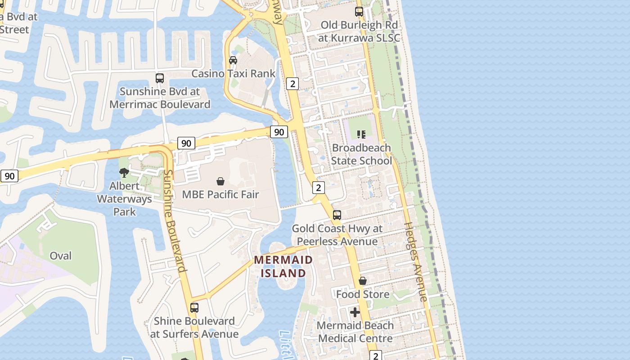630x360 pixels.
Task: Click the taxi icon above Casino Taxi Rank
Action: [233, 60]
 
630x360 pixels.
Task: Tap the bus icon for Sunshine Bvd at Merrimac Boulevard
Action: [160, 78]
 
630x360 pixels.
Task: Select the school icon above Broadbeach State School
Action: [361, 134]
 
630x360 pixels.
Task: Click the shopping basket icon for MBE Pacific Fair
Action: [220, 181]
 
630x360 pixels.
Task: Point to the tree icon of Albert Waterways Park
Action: [124, 173]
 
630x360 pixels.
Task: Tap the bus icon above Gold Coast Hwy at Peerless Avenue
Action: [337, 215]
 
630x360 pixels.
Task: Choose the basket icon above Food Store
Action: [363, 281]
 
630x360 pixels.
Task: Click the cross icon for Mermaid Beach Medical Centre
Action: [355, 312]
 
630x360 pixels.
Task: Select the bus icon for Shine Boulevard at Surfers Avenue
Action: [194, 308]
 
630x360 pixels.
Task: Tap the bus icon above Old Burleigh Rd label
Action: [359, 12]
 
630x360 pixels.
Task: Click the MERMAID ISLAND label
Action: [283, 266]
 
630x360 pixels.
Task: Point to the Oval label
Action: [61, 256]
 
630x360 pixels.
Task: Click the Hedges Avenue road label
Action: [415, 261]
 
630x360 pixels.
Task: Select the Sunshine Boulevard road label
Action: [175, 221]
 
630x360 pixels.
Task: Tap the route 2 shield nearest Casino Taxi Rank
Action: [292, 83]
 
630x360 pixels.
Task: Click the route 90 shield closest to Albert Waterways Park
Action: [186, 144]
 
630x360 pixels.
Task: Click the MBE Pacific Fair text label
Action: [220, 195]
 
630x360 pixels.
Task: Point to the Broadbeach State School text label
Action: [361, 154]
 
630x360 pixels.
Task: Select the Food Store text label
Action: [363, 294]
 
